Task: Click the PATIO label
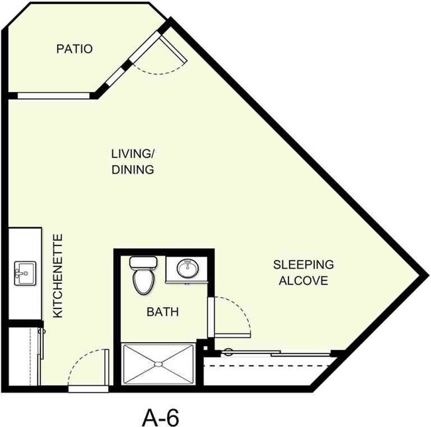[74, 49]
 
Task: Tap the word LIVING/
[132, 154]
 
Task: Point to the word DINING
[133, 170]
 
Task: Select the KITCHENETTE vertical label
[58, 275]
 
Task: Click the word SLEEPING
[304, 265]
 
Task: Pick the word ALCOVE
[304, 280]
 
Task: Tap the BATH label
[162, 312]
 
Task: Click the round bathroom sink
[187, 269]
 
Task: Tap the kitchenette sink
[24, 271]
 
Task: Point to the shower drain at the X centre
[157, 364]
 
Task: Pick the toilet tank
[143, 261]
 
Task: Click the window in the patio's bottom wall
[56, 95]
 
